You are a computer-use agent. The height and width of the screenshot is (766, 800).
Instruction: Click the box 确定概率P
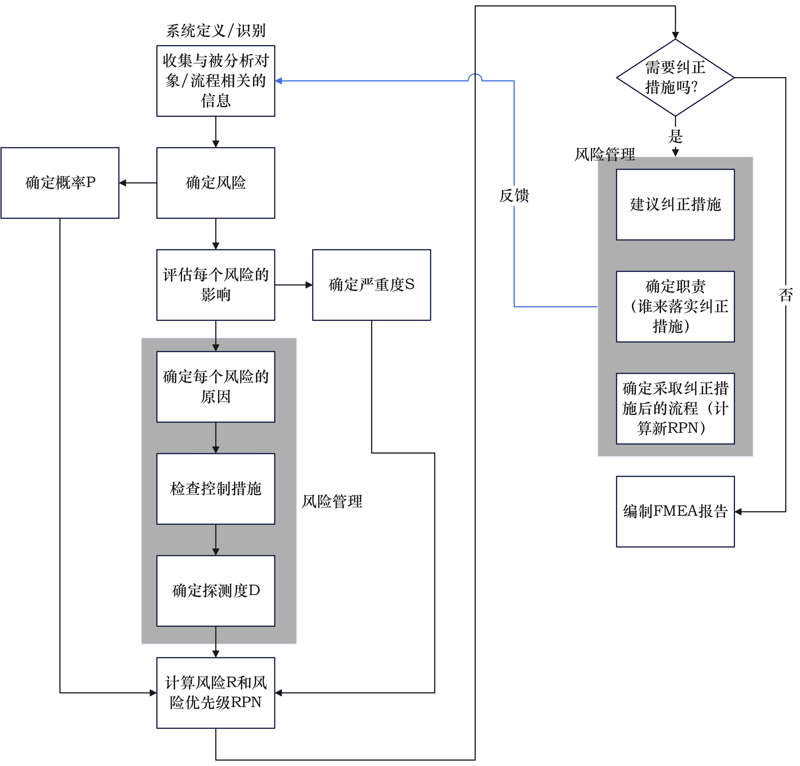pyautogui.click(x=60, y=183)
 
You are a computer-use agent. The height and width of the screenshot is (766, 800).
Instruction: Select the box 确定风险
pyautogui.click(x=216, y=183)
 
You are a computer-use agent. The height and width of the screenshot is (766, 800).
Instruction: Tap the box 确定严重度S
pyautogui.click(x=371, y=285)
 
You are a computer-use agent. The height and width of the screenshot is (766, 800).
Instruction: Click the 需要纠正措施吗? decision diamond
pyautogui.click(x=675, y=78)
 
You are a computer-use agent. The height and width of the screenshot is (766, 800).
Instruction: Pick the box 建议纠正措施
pyautogui.click(x=675, y=204)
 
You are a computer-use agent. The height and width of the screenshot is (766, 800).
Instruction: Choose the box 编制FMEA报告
pyautogui.click(x=675, y=511)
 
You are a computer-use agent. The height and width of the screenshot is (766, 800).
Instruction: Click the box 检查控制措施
pyautogui.click(x=216, y=489)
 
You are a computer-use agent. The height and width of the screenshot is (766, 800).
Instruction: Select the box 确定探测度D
pyautogui.click(x=216, y=591)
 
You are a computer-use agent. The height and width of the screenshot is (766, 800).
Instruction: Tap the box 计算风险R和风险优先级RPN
pyautogui.click(x=216, y=693)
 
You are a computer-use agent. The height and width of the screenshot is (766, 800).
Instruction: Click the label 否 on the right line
pyautogui.click(x=785, y=295)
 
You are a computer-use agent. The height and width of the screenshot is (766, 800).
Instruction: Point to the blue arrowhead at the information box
pyautogui.click(x=279, y=81)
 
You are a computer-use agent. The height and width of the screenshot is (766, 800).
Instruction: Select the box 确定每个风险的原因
pyautogui.click(x=216, y=386)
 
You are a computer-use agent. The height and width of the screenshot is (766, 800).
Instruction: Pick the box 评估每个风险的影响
pyautogui.click(x=216, y=285)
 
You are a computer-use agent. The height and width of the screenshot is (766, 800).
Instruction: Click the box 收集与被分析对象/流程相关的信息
pyautogui.click(x=216, y=81)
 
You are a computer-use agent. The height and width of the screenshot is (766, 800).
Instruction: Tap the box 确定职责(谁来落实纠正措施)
pyautogui.click(x=675, y=306)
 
